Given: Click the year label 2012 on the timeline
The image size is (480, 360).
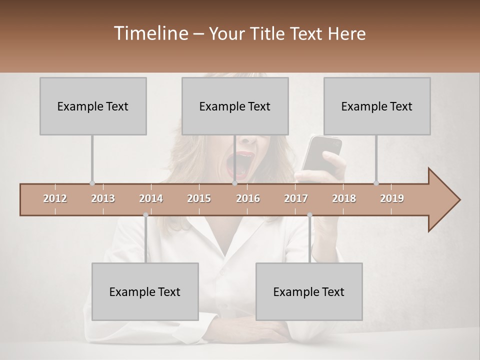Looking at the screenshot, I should click(x=55, y=198).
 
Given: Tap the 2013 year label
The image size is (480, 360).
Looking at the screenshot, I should click(x=103, y=198).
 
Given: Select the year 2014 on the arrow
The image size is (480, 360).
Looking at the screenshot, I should click(x=151, y=198).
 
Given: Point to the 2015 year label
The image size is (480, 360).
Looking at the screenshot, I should click(x=199, y=198).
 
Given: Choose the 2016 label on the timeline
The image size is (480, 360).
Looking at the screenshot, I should click(x=248, y=198).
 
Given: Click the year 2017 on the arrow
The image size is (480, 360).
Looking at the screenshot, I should click(x=296, y=198).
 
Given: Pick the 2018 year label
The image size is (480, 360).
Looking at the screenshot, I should click(x=344, y=198).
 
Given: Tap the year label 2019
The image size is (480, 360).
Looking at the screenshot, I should click(x=392, y=198).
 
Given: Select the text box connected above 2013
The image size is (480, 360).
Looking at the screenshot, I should click(x=93, y=106).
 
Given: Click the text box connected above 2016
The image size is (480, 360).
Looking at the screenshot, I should click(x=235, y=106).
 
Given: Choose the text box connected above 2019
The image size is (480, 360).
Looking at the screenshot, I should click(x=377, y=106).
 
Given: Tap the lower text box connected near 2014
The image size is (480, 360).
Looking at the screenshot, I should click(x=145, y=291).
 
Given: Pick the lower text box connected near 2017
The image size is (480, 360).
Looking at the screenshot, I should click(x=309, y=291).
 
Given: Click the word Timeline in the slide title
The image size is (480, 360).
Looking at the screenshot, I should click(x=150, y=33).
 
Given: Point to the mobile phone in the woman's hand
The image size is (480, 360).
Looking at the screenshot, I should click(x=322, y=152).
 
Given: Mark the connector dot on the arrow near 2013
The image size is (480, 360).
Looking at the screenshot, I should click(x=92, y=183).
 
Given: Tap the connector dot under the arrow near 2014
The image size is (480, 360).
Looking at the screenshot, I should click(x=145, y=215).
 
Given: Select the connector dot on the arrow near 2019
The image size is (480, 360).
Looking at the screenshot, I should click(x=376, y=183).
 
